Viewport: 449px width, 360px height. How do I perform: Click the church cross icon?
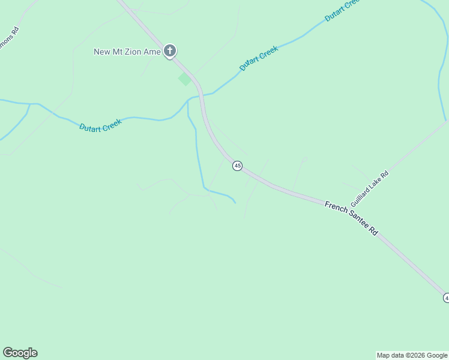tap(170, 51)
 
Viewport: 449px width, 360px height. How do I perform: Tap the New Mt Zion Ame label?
tap(127, 52)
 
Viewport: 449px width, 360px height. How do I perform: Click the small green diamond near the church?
tap(185, 79)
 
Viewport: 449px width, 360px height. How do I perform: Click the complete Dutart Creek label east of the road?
tap(259, 59)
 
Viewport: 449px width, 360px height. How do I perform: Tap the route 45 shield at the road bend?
tap(238, 166)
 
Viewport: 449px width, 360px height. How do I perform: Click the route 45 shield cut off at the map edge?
tap(446, 298)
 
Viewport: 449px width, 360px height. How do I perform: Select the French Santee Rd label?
tap(351, 218)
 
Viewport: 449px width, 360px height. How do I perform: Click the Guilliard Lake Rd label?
tap(370, 189)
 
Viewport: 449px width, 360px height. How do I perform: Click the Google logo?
tap(20, 353)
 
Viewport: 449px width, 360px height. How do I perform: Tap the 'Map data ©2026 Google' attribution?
tap(412, 355)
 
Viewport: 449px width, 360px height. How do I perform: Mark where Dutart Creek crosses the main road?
tap(202, 95)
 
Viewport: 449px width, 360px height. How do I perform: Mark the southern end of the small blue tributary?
tap(235, 202)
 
